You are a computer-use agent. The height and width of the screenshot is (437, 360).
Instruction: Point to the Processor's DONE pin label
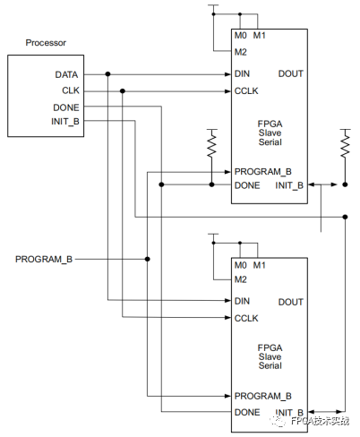(67, 107)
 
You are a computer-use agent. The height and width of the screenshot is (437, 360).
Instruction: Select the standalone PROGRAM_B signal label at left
(44, 259)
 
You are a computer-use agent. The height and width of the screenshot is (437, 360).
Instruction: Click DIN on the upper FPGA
(242, 73)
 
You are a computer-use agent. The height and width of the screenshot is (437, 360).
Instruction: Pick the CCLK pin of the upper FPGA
(245, 90)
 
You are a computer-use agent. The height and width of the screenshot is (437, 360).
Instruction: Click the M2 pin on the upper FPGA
(240, 50)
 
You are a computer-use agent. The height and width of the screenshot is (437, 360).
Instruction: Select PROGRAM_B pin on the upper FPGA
(262, 171)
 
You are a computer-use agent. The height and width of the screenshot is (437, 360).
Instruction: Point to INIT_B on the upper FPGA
(289, 185)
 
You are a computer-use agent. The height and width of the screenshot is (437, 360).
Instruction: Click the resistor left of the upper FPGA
(212, 143)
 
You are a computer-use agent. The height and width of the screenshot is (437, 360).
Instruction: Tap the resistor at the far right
(344, 143)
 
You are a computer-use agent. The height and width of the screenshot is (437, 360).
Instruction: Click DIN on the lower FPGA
(242, 301)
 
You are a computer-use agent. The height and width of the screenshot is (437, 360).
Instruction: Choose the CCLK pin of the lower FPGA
(245, 317)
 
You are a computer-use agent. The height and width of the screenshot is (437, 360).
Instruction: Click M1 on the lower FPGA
(260, 264)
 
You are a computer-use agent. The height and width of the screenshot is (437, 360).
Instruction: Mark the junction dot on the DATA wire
(107, 73)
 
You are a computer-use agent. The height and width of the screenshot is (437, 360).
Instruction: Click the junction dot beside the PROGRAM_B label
(147, 259)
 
